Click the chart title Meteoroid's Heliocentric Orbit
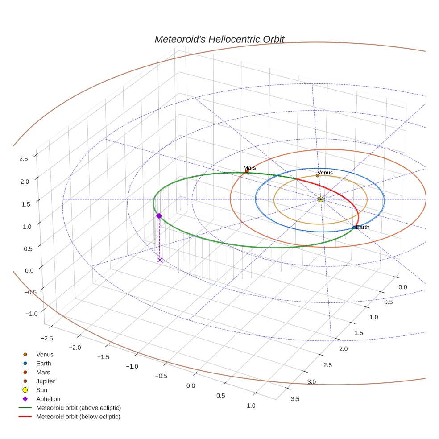click(x=219, y=39)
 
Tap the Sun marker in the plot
click(x=321, y=199)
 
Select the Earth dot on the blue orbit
click(x=354, y=228)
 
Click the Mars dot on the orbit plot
click(x=247, y=171)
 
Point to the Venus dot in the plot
click(x=317, y=175)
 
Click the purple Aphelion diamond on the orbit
click(x=159, y=216)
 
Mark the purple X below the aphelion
click(x=160, y=260)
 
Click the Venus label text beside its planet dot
click(x=325, y=173)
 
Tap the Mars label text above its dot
click(x=250, y=168)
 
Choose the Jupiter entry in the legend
click(x=46, y=381)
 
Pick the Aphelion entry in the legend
click(x=48, y=399)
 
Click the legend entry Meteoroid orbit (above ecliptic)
click(x=79, y=408)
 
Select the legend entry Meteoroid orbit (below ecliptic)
click(x=78, y=417)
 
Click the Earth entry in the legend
click(x=43, y=363)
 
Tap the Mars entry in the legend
click(x=43, y=372)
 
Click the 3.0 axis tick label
click(x=311, y=382)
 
